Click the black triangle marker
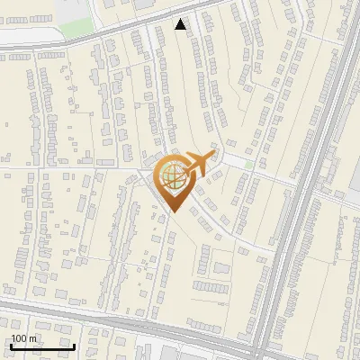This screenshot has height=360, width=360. [181, 24]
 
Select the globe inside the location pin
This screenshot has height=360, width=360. [172, 177]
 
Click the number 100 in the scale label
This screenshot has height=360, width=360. [20, 338]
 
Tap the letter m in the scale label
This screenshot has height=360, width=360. [34, 338]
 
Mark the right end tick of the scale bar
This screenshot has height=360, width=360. [74, 346]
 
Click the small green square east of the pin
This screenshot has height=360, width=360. [248, 165]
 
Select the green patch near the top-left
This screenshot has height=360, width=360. [77, 26]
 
